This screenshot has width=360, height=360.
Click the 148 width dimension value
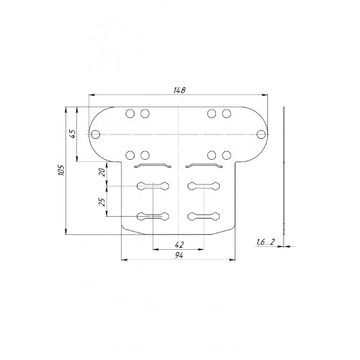tap(179, 90)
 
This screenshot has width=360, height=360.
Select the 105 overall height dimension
tap(61, 170)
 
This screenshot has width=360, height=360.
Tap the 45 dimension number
tap(73, 134)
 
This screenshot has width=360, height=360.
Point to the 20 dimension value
tap(102, 172)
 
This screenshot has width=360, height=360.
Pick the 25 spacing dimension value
tap(102, 202)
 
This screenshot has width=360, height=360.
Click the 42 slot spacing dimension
tap(179, 245)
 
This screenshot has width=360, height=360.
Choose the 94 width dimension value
tap(179, 256)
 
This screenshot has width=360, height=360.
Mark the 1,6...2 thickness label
tap(265, 242)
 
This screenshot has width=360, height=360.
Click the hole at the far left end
tap(96, 135)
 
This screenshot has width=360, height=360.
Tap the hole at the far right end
tap(261, 135)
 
